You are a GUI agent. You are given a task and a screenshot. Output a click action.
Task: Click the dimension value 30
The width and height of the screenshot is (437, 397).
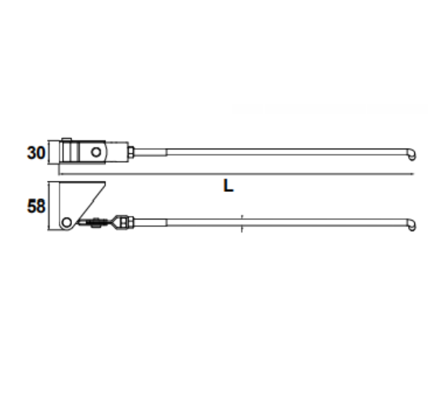[36, 153]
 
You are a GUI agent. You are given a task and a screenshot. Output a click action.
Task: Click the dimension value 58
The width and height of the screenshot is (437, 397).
[36, 207]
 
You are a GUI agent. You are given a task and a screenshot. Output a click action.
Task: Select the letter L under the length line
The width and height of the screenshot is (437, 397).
[228, 186]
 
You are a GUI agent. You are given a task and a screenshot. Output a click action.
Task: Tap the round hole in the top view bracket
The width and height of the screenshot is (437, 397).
[96, 152]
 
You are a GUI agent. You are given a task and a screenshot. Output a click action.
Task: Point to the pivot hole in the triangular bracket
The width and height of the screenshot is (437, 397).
[67, 222]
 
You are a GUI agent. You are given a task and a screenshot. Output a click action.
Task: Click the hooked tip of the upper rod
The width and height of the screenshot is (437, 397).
[412, 155]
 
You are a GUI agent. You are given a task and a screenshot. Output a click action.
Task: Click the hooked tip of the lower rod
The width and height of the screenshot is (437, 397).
[412, 226]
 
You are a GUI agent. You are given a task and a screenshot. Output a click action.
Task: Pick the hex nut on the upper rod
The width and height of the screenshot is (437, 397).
[131, 152]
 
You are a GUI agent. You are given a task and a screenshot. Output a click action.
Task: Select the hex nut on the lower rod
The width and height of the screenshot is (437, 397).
[131, 222]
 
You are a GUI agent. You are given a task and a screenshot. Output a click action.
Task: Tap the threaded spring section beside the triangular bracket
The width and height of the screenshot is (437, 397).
[93, 222]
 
